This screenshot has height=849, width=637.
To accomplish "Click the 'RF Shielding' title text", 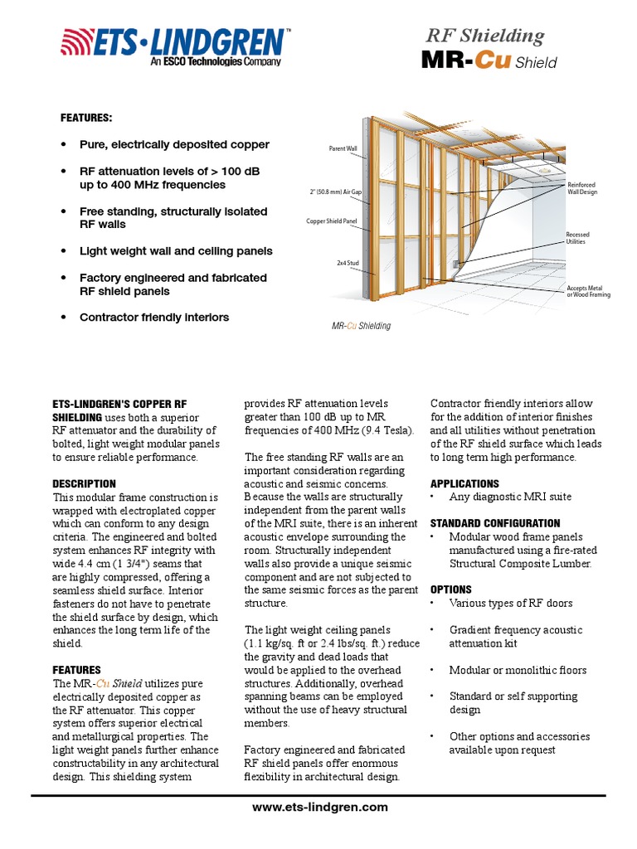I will click(x=484, y=36).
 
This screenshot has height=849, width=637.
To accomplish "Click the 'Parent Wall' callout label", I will click(x=343, y=149).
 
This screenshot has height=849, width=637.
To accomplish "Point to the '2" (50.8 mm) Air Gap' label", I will click(x=335, y=192).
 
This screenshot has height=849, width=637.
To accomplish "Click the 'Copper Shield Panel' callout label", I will click(x=332, y=221).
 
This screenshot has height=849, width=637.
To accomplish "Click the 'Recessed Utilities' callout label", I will click(x=577, y=239).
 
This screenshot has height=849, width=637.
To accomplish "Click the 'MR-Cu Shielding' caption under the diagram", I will click(x=361, y=326).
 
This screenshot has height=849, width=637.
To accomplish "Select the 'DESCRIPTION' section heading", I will click(x=84, y=483).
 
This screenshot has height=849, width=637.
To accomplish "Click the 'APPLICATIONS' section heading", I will click(x=464, y=483).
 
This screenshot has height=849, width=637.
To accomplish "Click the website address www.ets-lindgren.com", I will click(x=318, y=807).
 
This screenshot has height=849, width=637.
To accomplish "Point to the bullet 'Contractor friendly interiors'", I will click(x=153, y=318).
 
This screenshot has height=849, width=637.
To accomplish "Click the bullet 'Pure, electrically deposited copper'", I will click(x=174, y=144).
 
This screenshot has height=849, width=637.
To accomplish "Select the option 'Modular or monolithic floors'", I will click(x=518, y=670).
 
